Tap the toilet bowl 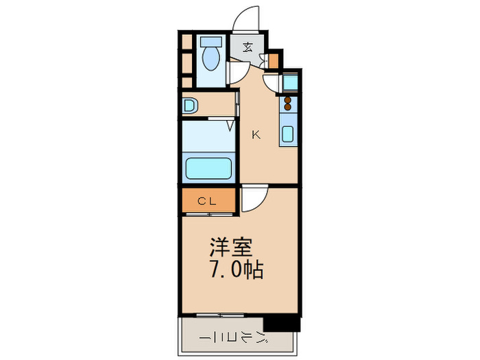[x=211, y=58]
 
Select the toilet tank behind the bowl [x=211, y=42]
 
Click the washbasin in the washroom [x=190, y=106]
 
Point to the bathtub [x=208, y=168]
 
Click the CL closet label [x=207, y=201]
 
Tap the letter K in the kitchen [x=256, y=134]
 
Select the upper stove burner [x=287, y=100]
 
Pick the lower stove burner [x=287, y=106]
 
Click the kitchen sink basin [x=288, y=134]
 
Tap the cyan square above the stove [x=289, y=82]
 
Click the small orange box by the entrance [x=274, y=61]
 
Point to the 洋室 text [x=231, y=247]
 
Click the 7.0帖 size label [x=237, y=269]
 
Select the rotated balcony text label [x=235, y=337]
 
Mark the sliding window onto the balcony [x=220, y=315]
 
